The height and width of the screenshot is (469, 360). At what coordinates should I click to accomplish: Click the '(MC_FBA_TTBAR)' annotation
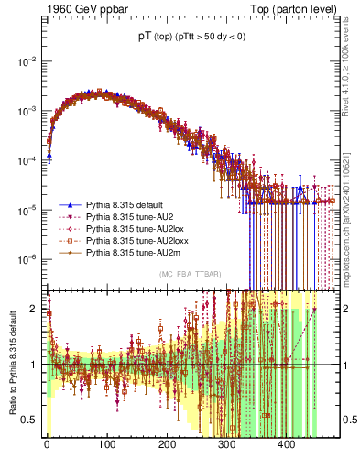click(x=191, y=275)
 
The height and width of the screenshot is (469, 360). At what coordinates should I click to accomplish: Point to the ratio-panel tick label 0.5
click(x=30, y=420)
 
